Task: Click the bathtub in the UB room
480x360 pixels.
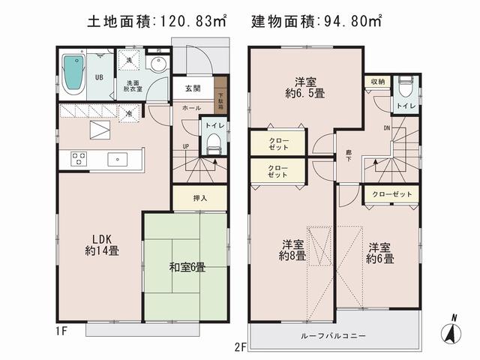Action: (73, 73)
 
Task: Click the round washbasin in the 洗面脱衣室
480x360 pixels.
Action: (158, 64)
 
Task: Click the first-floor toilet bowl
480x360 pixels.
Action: (211, 144)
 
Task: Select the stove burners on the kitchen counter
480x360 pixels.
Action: (79, 159)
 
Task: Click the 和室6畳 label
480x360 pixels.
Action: (187, 268)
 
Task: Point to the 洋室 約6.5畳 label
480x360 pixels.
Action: (303, 88)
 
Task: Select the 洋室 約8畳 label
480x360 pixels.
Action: (293, 250)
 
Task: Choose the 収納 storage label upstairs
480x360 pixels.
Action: (376, 82)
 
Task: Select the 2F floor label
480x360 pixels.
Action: (239, 346)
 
